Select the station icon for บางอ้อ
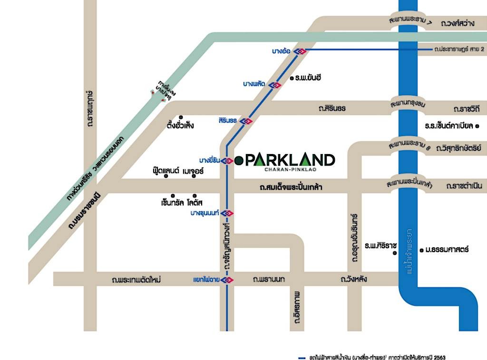click(300, 51)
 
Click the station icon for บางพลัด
click(274, 85)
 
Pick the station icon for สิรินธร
click(246, 121)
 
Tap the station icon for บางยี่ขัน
click(227, 161)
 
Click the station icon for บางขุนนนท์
click(227, 213)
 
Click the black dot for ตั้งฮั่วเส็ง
click(181, 117)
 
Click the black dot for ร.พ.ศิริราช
click(394, 253)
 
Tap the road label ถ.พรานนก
click(269, 279)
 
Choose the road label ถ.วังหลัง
click(354, 279)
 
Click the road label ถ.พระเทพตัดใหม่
click(136, 280)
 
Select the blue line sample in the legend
click(301, 357)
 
